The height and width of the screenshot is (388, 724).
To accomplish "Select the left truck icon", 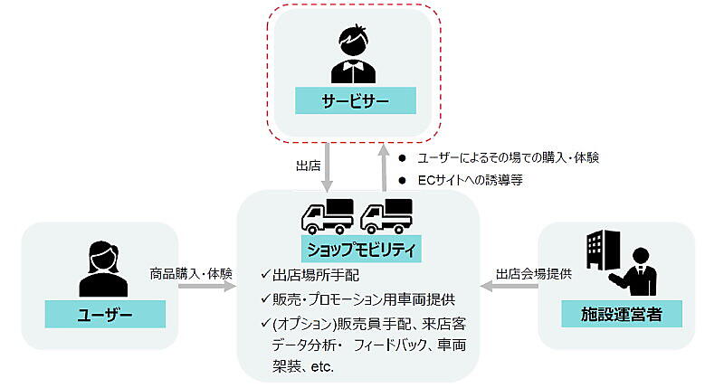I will pyautogui.click(x=325, y=215).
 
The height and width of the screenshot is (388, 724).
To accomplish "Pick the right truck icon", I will pyautogui.click(x=386, y=215).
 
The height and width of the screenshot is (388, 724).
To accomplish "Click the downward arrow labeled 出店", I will pyautogui.click(x=331, y=166).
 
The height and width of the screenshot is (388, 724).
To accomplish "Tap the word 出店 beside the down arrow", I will pyautogui.click(x=309, y=167).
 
